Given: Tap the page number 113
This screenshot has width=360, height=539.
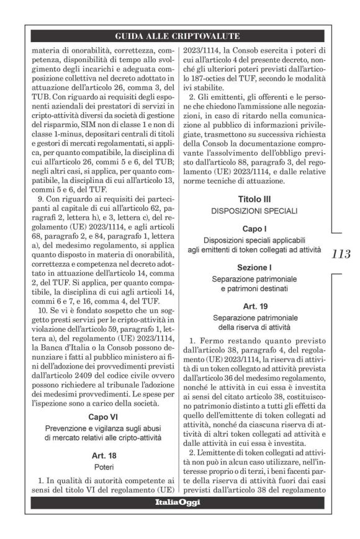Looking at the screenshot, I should pyautogui.click(x=341, y=254).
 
